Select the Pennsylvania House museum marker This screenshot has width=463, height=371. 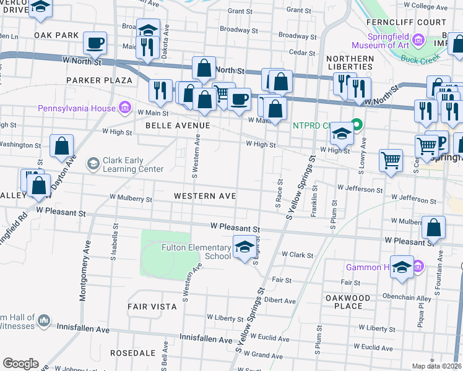coord(124,108)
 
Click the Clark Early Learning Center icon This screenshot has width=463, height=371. coord(93,164)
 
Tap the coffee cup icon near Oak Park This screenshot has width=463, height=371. coord(95,43)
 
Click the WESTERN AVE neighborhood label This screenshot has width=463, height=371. coord(205,196)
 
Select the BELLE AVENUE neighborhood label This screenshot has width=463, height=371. coord(178,125)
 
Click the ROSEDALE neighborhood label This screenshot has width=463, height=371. coord(132,352)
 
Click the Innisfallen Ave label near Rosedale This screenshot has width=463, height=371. coord(206,339)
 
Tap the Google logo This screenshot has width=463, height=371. coord(21,364)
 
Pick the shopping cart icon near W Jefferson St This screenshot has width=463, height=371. coord(391,161)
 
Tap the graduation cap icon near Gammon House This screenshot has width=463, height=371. coord(402,267)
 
